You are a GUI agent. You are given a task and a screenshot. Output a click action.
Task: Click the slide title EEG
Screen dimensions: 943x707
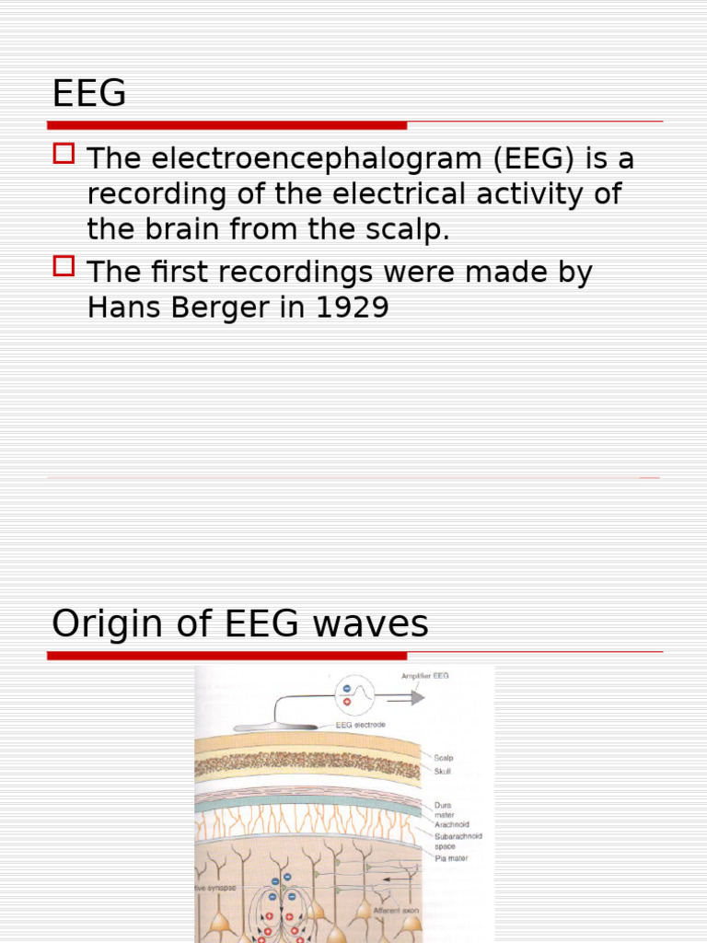[88, 94]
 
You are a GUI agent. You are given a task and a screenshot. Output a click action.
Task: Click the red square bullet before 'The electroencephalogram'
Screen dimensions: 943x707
[64, 153]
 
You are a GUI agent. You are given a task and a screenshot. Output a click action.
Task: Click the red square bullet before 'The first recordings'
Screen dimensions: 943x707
[64, 266]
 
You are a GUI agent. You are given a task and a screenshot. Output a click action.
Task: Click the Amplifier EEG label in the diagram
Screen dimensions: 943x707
[425, 676]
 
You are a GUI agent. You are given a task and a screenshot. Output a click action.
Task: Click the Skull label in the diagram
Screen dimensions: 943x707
[443, 771]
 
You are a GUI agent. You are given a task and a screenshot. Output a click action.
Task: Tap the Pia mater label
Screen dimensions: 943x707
[451, 857]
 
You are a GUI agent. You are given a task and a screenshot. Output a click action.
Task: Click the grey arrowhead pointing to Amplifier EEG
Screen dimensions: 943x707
[417, 698]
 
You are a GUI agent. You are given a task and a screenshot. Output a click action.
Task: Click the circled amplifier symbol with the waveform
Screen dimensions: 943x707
[348, 693]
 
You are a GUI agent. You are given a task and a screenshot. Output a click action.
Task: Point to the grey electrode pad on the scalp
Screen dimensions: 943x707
[276, 728]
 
